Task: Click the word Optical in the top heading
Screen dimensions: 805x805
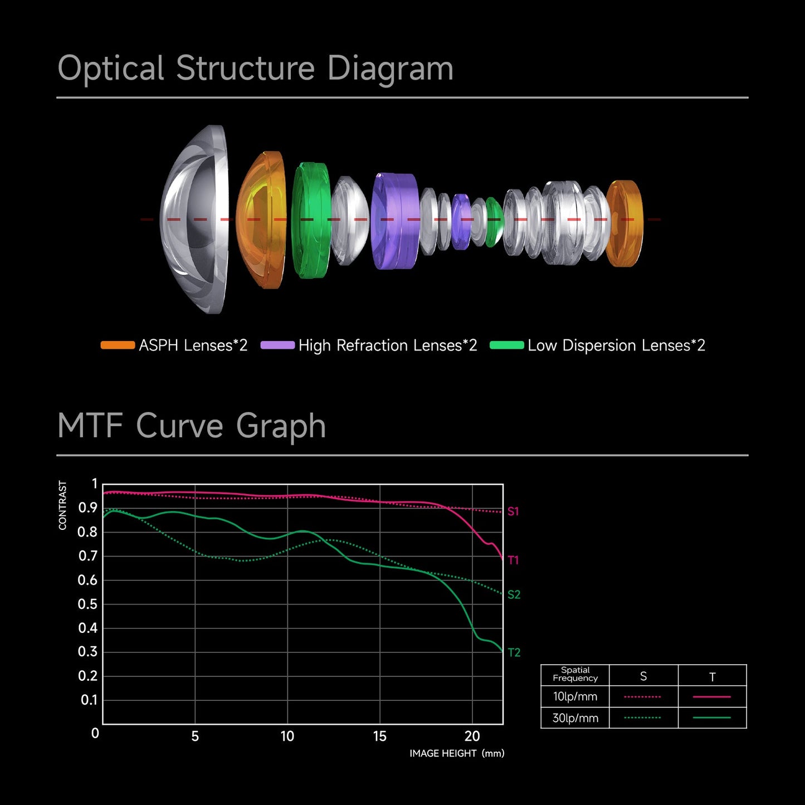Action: point(110,69)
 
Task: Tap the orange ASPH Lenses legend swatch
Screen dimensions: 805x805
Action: point(118,345)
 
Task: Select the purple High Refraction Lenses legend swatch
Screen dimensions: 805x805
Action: point(277,345)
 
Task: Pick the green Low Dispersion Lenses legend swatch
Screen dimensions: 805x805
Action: point(506,345)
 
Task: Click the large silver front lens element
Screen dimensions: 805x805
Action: point(195,219)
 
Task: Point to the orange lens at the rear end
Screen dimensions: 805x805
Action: point(625,223)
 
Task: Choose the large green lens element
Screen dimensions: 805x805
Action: point(310,220)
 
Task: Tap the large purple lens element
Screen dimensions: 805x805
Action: point(395,221)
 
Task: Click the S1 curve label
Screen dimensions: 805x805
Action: point(513,511)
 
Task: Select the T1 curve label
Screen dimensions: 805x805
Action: point(513,560)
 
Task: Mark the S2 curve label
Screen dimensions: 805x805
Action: point(514,595)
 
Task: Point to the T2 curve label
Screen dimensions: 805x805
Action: point(514,652)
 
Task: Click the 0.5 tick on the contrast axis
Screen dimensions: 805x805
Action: point(87,604)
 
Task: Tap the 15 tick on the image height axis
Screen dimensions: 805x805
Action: point(380,736)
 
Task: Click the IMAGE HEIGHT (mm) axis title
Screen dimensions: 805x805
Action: point(457,753)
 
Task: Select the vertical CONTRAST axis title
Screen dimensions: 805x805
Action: point(62,505)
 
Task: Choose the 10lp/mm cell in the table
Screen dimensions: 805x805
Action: point(575,696)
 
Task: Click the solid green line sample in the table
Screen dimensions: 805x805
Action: point(712,718)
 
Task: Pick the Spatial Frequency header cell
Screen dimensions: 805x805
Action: point(575,674)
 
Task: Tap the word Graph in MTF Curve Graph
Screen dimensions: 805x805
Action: point(281,426)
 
